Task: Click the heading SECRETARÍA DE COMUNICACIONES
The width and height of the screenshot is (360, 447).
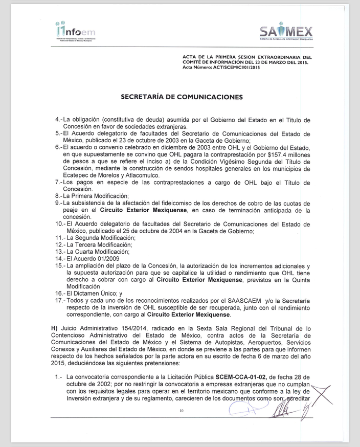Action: [181, 96]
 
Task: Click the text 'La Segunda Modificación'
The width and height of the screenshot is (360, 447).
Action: [101, 238]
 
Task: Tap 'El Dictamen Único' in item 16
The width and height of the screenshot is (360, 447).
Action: [93, 294]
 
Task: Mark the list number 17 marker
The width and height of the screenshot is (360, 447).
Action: [59, 301]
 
